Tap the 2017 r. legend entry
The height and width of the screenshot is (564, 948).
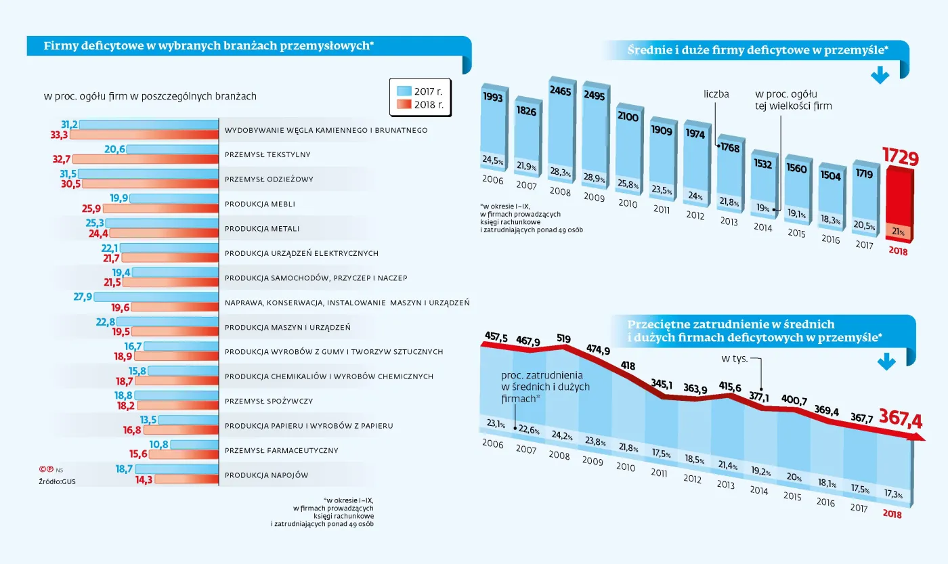click(421, 90)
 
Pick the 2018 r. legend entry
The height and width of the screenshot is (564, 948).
click(421, 105)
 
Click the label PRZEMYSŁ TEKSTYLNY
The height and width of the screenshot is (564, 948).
click(267, 154)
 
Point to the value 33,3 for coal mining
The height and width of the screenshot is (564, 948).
click(60, 135)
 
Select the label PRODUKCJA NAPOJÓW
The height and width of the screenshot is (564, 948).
click(266, 475)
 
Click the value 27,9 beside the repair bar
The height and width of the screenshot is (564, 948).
click(81, 297)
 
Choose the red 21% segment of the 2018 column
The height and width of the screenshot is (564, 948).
click(898, 232)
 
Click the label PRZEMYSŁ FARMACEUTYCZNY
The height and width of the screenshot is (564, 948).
click(282, 450)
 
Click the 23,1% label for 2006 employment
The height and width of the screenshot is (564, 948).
click(497, 423)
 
